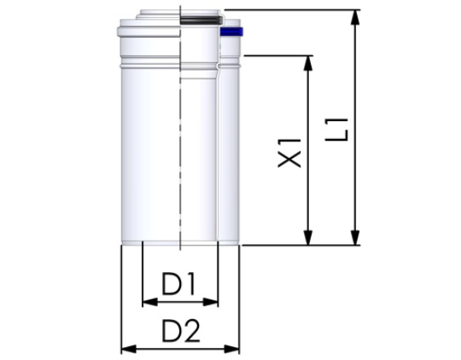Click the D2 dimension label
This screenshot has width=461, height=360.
coord(180,328)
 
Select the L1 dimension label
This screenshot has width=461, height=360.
coord(340,127)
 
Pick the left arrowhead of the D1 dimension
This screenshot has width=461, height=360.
coord(147,301)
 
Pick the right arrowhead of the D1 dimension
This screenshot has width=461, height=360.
coord(213,301)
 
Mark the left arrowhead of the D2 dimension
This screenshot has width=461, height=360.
coord(126,347)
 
